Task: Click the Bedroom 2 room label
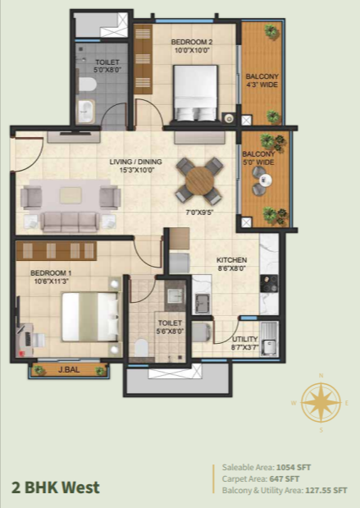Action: [x=192, y=42]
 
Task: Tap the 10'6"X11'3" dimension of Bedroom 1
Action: [x=51, y=281]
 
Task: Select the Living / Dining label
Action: [x=135, y=162]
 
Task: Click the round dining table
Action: [x=200, y=181]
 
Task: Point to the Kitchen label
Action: [x=231, y=260]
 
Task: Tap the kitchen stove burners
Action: [x=269, y=284]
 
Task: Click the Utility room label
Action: [x=244, y=339]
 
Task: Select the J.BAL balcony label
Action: [x=69, y=369]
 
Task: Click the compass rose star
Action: [x=321, y=403]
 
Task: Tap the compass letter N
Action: [x=321, y=376]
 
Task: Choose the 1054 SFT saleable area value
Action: [x=294, y=468]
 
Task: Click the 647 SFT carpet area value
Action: [x=284, y=478]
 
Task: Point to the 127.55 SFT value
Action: [x=326, y=491]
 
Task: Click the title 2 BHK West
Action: [x=56, y=488]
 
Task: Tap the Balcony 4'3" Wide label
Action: [x=262, y=80]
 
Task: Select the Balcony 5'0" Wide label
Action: [x=258, y=158]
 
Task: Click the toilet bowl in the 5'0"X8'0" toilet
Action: [x=87, y=85]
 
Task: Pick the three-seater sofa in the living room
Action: [x=70, y=222]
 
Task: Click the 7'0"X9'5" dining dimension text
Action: [x=199, y=213]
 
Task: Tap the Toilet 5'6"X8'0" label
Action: [x=170, y=327]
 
